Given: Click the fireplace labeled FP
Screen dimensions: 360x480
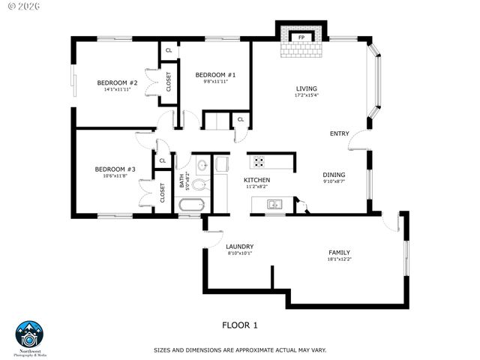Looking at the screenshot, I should click(301, 37).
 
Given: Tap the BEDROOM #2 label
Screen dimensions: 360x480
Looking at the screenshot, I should click(117, 82).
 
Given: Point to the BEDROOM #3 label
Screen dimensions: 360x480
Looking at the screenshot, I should click(115, 169).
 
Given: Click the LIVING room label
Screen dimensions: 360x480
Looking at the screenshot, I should click(307, 88).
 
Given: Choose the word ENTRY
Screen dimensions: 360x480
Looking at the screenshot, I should click(339, 133).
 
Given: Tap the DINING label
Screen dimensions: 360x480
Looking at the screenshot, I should click(334, 174).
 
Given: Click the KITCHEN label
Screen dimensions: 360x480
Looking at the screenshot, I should click(256, 180).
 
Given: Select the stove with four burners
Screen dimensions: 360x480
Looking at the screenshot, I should click(259, 161).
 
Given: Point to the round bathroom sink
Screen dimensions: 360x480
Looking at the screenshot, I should click(201, 164).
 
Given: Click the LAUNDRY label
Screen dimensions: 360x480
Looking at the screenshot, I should click(240, 246).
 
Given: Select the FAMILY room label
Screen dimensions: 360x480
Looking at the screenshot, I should click(339, 252).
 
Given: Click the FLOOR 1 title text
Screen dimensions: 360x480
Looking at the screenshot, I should click(240, 325).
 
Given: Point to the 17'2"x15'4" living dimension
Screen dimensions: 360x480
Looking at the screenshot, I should click(307, 95).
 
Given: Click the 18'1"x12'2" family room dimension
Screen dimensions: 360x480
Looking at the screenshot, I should click(339, 259).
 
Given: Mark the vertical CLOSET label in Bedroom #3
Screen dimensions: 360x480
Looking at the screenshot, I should click(162, 193).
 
